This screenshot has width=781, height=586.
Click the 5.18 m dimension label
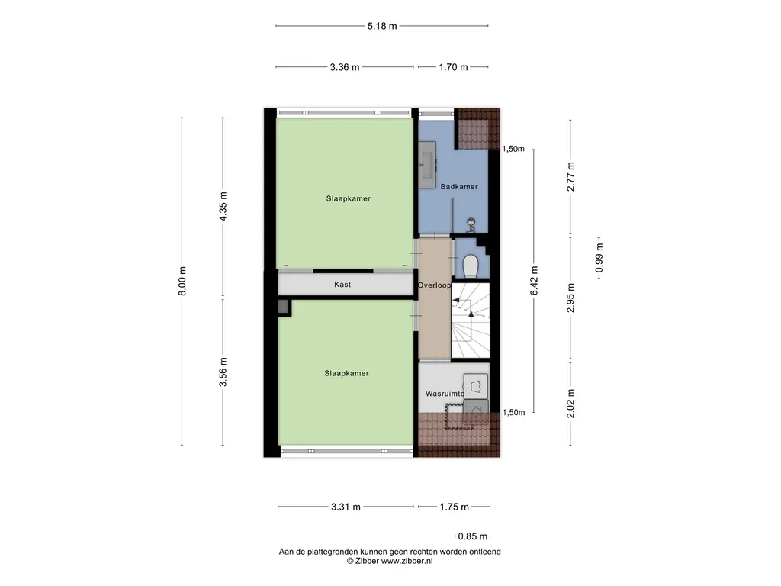point(382,26)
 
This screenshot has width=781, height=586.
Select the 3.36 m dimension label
point(345,67)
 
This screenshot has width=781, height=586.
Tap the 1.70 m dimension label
point(453,67)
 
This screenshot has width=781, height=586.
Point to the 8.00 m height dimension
point(182,281)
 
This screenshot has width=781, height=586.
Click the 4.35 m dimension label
point(223,206)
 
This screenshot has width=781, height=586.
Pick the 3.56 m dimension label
point(223,372)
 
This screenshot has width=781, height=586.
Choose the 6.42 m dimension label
point(535,281)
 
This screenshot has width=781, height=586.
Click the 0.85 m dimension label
point(473,536)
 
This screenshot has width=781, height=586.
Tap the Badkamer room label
point(458,187)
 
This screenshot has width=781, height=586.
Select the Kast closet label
point(342,285)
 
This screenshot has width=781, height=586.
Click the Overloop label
point(434,285)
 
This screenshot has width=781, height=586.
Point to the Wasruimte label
point(445,394)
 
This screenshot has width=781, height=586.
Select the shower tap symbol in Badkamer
point(471,225)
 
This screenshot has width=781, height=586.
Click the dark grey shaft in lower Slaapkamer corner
point(284,307)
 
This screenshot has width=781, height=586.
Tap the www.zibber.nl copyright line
point(390,561)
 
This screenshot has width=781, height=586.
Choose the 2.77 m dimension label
point(570,177)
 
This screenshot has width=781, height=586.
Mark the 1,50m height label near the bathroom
point(513,149)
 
